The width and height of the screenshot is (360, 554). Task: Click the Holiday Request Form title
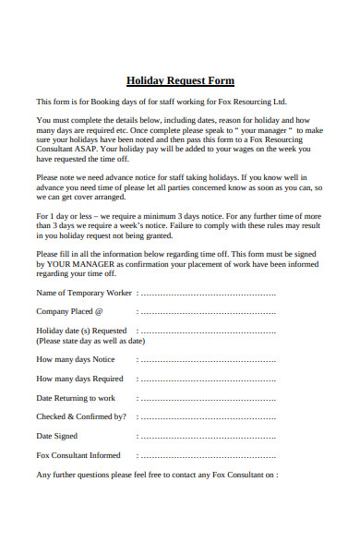point(180,80)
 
